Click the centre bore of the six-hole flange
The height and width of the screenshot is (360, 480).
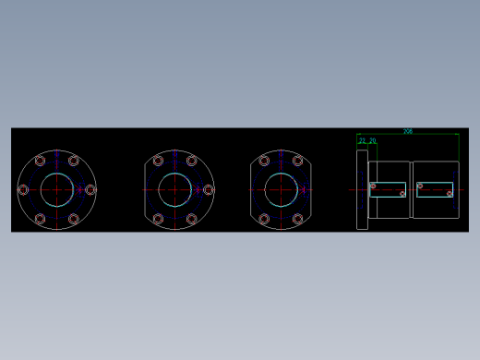[x=56, y=189]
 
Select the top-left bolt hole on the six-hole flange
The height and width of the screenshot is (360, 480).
[x=40, y=161]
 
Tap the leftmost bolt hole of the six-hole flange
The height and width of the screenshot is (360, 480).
[x=23, y=190]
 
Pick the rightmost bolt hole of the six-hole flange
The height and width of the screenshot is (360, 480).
[x=90, y=190]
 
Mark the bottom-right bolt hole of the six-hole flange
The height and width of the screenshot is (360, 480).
[x=74, y=220]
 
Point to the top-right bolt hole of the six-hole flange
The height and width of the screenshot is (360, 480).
[x=74, y=161]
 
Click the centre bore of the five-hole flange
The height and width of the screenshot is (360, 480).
[x=175, y=190]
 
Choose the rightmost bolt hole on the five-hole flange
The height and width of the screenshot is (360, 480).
[x=209, y=190]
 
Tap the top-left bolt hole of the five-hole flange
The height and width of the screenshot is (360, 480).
[x=158, y=161]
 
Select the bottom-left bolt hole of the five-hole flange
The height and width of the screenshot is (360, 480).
[x=158, y=220]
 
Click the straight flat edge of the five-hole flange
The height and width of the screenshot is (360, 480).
[x=145, y=190]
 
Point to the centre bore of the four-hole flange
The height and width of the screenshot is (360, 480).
[x=281, y=190]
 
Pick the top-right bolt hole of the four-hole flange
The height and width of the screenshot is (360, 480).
[x=297, y=161]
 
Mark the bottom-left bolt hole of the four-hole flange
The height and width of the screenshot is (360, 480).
[x=264, y=220]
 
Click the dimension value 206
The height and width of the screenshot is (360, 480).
[x=408, y=131]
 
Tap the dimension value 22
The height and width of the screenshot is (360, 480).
[x=363, y=141]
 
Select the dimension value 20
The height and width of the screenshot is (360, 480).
[x=373, y=141]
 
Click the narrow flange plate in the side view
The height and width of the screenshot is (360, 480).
[x=362, y=189]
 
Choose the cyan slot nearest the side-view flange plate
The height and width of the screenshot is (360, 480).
[x=388, y=190]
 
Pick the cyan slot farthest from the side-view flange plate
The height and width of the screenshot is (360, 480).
[x=435, y=189]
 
